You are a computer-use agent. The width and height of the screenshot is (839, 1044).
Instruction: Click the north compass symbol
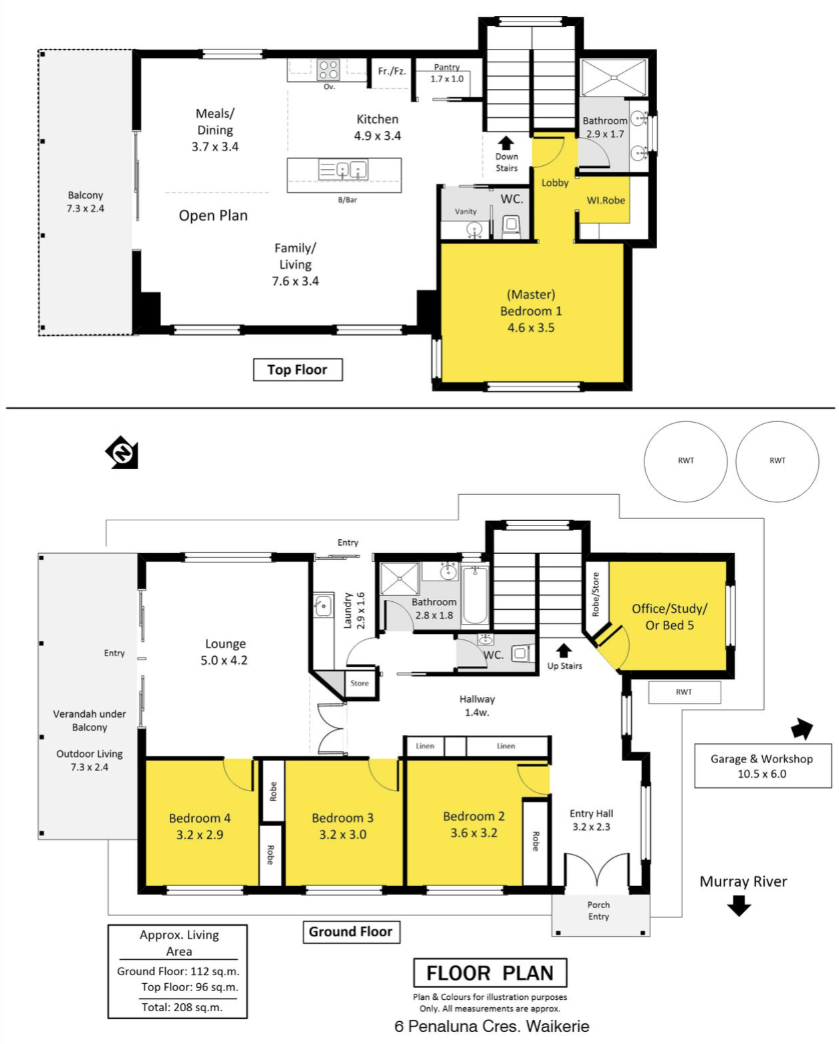122,453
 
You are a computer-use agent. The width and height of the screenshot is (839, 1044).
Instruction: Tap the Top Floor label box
297,370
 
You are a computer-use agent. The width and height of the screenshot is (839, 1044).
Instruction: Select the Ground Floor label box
351,932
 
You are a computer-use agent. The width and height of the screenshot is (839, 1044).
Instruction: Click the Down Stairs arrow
506,143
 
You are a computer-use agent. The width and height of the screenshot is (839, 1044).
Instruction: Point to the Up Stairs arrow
563,651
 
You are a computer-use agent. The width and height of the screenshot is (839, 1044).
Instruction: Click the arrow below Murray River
739,906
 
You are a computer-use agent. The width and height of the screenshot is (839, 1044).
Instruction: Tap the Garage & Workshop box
762,766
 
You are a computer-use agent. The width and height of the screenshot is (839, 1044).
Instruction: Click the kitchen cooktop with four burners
328,70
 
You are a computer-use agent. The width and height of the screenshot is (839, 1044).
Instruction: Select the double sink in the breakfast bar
343,170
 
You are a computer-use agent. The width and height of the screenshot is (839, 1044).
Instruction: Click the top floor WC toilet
511,226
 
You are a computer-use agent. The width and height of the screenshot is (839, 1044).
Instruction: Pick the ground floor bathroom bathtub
474,595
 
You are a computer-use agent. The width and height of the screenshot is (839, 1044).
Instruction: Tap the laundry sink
322,605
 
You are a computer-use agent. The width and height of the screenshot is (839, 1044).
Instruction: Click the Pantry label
447,67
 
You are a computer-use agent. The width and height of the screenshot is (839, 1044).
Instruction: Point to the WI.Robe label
606,201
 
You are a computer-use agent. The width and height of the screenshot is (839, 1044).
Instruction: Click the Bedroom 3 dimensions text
342,835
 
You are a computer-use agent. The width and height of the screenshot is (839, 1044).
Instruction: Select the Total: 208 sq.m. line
182,1007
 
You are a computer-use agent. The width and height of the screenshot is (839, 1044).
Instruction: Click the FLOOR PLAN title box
490,972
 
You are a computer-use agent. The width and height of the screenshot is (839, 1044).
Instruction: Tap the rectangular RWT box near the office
684,692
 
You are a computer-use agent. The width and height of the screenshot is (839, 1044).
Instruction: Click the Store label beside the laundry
360,683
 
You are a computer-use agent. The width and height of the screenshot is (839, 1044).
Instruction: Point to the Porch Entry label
598,911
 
